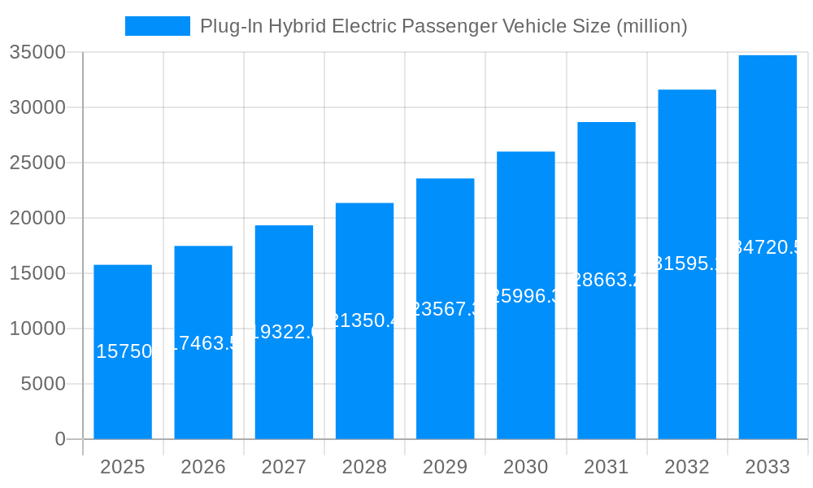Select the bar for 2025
123,390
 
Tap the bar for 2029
445,366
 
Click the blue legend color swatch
157,26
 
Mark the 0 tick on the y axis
60,439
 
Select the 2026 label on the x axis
203,467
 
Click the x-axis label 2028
364,467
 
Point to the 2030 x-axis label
525,467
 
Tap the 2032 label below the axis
687,467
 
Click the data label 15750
124,351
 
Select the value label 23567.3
445,309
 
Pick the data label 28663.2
606,280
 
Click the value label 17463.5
203,342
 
